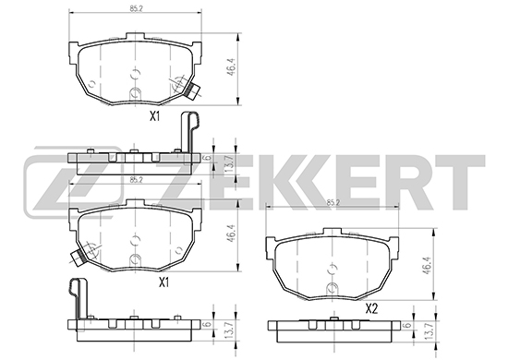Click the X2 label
[371, 309]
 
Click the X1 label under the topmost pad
[155, 116]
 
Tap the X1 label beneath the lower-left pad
[163, 282]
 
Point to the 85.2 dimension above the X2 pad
[333, 203]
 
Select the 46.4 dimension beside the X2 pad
[429, 267]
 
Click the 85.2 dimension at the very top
[137, 8]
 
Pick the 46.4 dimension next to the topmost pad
[231, 67]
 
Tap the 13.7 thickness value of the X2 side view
[429, 331]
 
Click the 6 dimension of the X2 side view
[408, 325]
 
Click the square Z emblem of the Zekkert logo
[73, 186]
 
